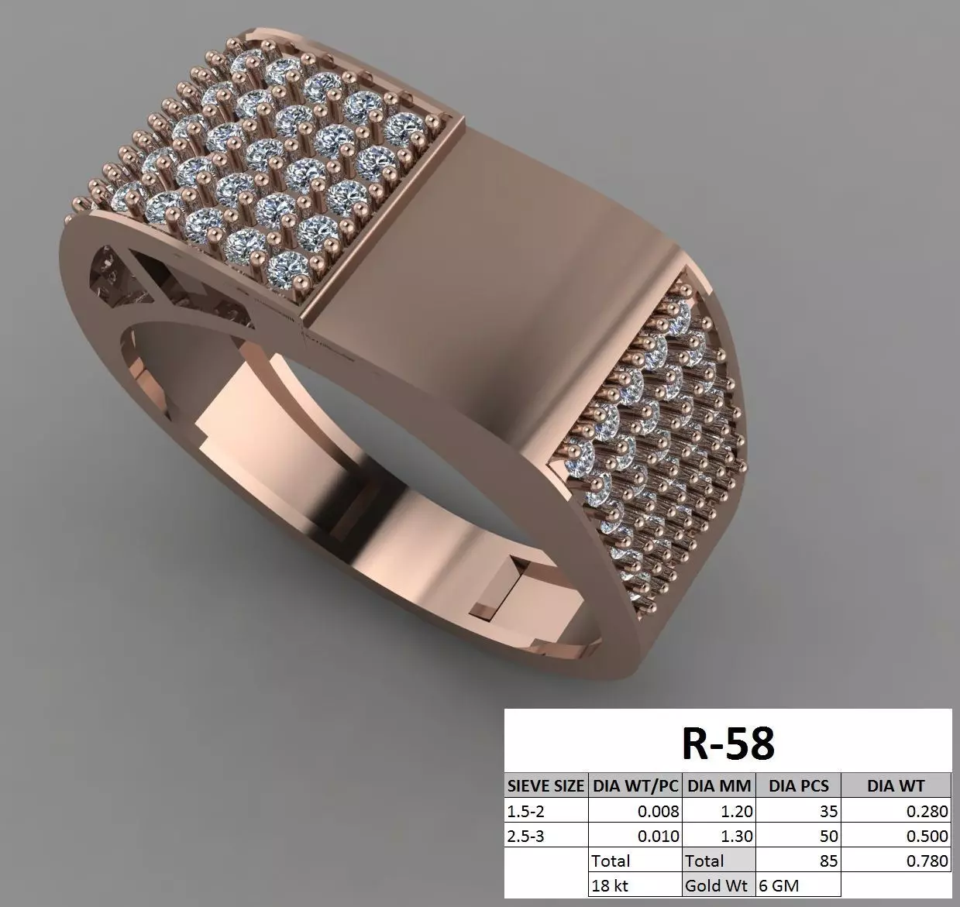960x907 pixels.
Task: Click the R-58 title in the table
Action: point(728,743)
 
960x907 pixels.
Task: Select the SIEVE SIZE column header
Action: point(545,786)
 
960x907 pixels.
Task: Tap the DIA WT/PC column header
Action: point(635,786)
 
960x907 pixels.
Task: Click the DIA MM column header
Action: point(718,786)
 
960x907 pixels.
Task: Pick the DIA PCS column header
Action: point(798,786)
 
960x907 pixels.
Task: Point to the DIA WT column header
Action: point(896,786)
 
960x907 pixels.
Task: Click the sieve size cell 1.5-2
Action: point(526,812)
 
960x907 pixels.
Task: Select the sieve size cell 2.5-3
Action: point(526,837)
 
